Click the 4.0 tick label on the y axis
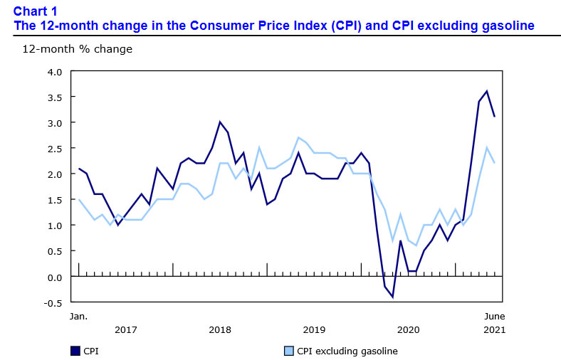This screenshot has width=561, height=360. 55,71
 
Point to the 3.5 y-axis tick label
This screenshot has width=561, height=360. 55,97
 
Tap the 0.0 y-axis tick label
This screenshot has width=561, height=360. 55,276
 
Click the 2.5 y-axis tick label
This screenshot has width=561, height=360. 55,148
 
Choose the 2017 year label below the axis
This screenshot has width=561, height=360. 125,329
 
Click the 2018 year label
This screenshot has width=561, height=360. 220,329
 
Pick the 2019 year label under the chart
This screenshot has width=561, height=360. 314,329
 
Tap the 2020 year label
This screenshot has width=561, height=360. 408,329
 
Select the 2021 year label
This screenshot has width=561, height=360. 494,329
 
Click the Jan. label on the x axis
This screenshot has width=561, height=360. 78,315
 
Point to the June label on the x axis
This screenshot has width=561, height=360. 494,315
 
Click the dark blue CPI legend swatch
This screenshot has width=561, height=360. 75,351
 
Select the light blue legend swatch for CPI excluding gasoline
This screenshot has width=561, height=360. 288,351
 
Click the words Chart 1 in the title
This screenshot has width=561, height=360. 36,11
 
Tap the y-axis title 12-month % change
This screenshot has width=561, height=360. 67,49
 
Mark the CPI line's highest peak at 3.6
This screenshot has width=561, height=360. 486,91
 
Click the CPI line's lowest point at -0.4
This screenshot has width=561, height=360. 392,297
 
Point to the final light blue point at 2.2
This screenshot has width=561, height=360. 494,163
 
